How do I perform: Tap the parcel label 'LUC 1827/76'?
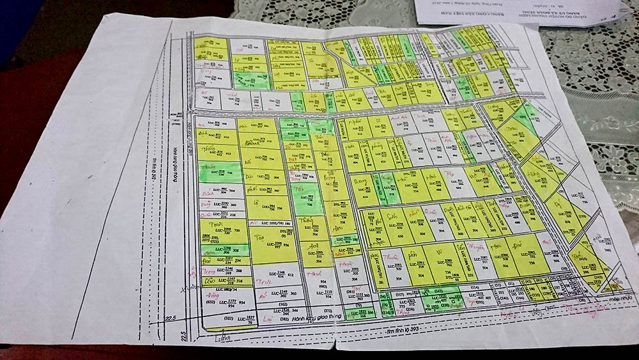coord(249,318)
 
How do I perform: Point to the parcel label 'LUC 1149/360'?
coord(284,293)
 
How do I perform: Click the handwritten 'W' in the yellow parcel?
coord(438,253)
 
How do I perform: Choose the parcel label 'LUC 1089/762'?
coord(451,262)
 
